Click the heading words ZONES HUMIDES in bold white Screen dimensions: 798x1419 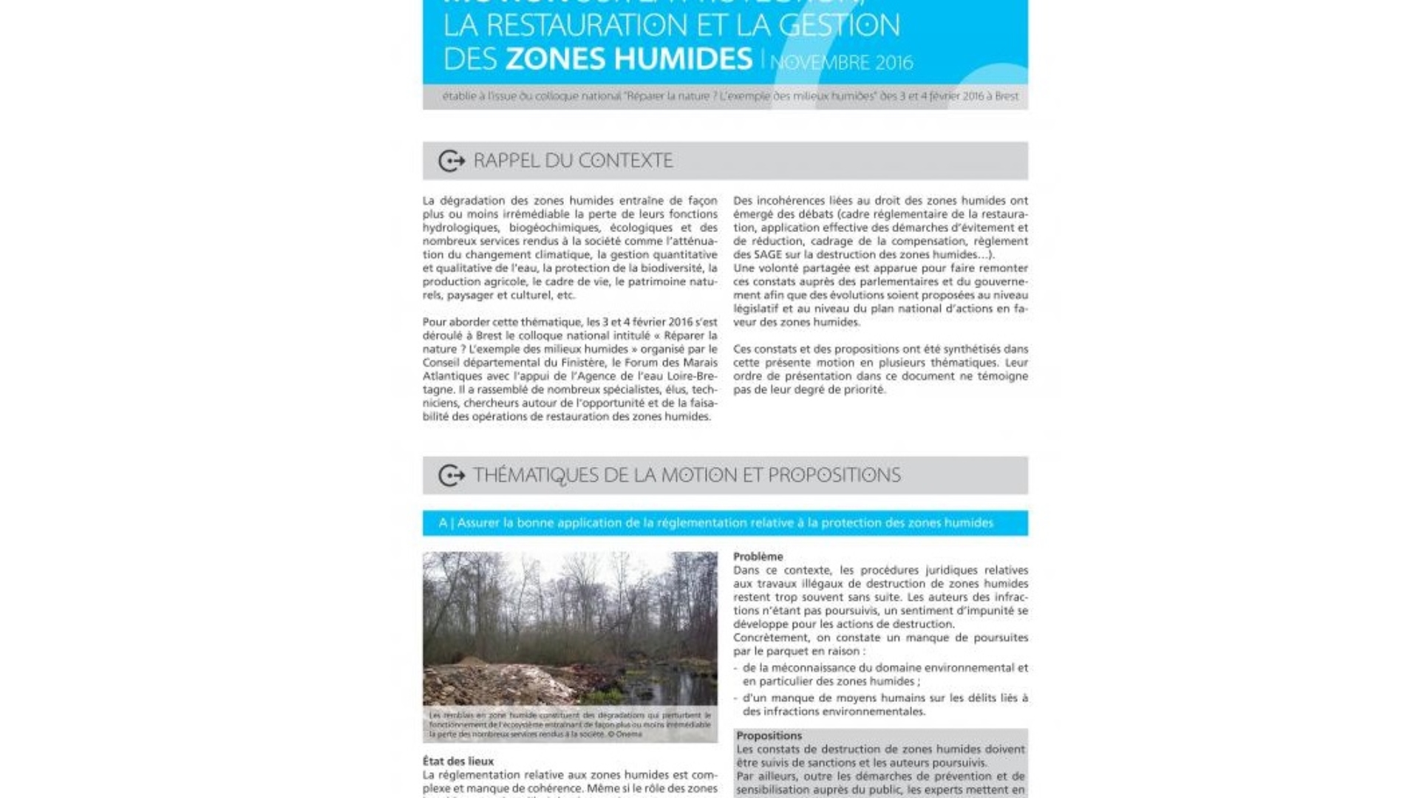(628, 58)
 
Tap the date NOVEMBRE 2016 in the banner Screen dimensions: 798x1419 (842, 63)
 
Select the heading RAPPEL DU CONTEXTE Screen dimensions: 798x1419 (573, 160)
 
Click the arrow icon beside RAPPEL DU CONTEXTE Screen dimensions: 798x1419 (452, 160)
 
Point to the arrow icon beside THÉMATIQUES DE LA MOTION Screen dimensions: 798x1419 (452, 475)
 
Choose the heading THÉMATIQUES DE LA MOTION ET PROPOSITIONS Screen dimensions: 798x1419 (687, 475)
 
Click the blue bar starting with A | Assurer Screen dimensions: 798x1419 (724, 523)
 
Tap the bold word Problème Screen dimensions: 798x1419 (758, 556)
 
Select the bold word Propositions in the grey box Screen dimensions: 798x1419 (769, 736)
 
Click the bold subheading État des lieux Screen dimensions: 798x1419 (458, 761)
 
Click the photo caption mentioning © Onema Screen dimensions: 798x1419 (570, 725)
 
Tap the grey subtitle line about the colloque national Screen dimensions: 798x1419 (729, 96)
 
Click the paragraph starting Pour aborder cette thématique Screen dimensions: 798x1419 (570, 369)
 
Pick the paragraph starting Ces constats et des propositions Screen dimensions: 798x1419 (880, 369)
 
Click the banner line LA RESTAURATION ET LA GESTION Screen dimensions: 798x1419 (671, 26)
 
